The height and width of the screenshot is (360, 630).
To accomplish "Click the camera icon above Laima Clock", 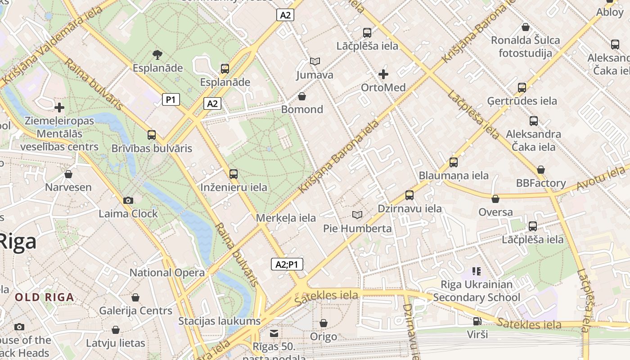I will point(128,200).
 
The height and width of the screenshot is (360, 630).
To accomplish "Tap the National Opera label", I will point(167,273).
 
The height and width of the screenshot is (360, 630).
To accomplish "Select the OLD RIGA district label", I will point(44,297).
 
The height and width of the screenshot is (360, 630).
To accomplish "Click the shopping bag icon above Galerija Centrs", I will point(135,297).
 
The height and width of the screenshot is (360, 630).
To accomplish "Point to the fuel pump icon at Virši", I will point(477,321).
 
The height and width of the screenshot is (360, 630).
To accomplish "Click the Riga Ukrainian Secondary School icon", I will point(477,271).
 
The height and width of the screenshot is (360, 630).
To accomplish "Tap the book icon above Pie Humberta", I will point(357,215).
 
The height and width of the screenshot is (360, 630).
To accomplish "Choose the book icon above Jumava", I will point(315,61).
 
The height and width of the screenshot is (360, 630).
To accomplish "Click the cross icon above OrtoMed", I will point(383,74).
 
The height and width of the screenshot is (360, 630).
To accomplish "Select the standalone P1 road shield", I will point(171,99).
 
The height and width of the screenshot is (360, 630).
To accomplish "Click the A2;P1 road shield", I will point(287,264).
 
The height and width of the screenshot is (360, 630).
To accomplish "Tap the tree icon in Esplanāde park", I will point(157,55).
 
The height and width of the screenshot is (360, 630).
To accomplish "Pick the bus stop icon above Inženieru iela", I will point(233,174).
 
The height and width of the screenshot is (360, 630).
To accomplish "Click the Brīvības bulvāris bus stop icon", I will point(152,135).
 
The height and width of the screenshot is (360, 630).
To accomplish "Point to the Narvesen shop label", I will point(68,187).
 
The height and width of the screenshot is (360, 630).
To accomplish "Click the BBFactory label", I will point(541,183).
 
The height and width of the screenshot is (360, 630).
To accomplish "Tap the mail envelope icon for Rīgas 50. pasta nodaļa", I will point(274,333).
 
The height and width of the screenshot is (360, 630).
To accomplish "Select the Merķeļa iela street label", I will point(286,218).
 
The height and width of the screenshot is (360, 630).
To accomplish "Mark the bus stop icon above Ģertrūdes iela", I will point(522,88).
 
